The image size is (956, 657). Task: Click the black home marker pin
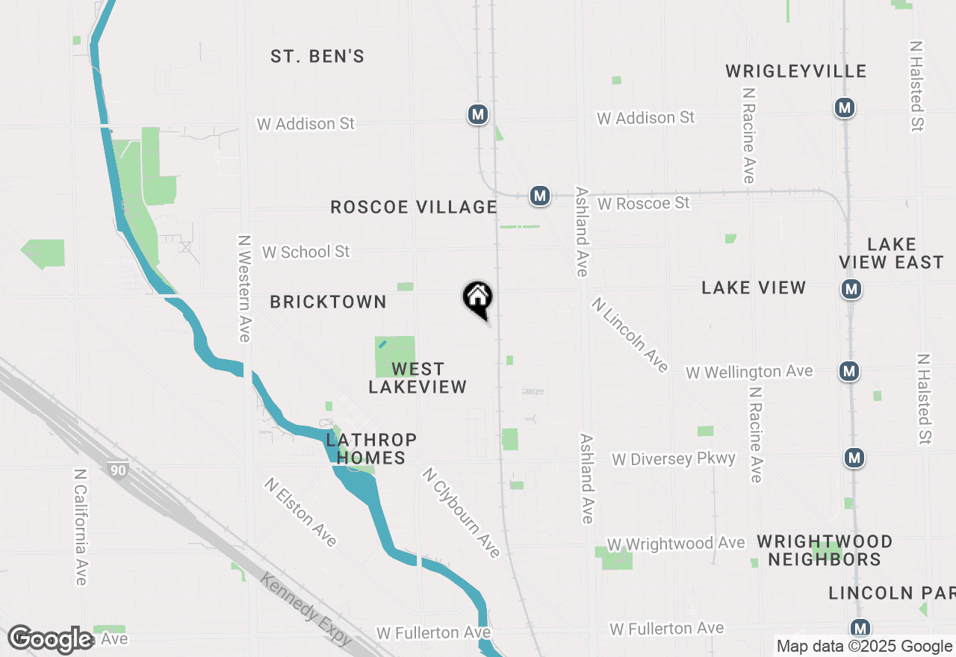point(478,299)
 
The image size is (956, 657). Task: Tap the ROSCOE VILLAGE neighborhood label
point(414,207)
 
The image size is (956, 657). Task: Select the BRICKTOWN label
point(329,302)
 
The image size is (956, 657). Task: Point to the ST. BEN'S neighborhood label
point(317,56)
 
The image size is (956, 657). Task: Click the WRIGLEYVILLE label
point(796,71)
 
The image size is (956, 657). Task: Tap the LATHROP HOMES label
point(371,449)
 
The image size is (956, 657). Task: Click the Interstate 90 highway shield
point(117,470)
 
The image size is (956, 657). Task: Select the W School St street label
point(305,252)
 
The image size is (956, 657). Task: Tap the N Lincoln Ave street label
point(630,334)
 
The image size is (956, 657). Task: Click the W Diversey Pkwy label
point(674,458)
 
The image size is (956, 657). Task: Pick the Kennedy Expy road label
point(306,608)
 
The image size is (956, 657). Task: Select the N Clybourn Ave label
point(461,512)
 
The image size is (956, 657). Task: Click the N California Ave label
point(81,527)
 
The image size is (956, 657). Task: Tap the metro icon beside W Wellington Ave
point(848,370)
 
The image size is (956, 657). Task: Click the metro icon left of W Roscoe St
point(539,196)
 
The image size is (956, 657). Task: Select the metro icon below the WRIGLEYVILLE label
point(845,108)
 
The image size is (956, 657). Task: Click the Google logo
point(51,639)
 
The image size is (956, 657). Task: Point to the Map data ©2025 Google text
point(864,647)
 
